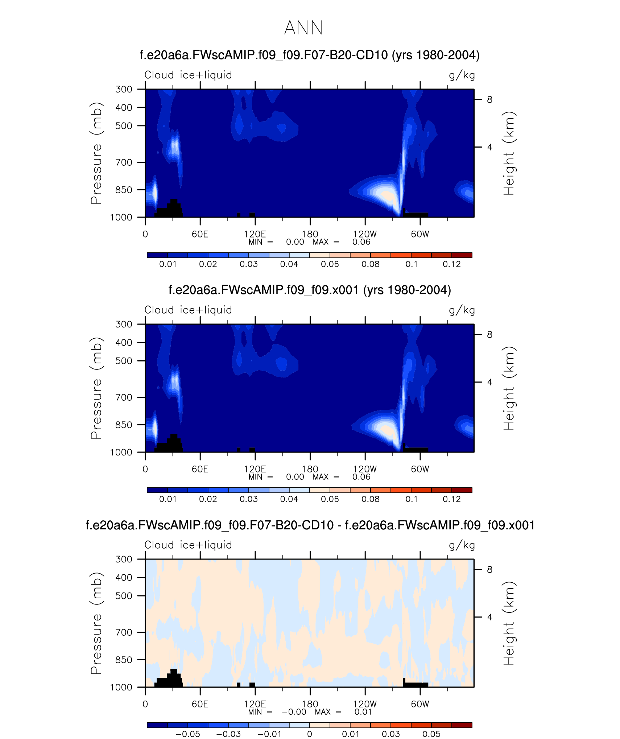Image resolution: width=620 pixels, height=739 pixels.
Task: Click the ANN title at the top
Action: [x=303, y=28]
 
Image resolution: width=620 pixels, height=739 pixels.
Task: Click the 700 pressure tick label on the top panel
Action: [x=124, y=162]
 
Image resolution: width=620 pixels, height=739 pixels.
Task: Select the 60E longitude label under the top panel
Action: [x=200, y=234]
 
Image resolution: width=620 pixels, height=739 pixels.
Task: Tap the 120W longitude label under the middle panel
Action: [x=365, y=469]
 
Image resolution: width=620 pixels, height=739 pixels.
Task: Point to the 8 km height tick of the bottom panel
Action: [x=489, y=570]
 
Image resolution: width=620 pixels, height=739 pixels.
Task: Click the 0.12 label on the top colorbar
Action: [x=451, y=264]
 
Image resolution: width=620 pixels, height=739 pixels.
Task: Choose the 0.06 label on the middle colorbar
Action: [x=330, y=499]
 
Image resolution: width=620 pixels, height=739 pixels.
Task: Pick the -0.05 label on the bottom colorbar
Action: [x=187, y=734]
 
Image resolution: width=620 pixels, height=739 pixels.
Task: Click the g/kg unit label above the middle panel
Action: [x=462, y=310]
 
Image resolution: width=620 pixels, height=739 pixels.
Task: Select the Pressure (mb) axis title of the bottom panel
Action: [x=96, y=623]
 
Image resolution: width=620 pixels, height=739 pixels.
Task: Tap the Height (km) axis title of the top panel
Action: [x=509, y=153]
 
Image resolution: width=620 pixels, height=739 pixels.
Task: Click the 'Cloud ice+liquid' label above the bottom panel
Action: [x=188, y=545]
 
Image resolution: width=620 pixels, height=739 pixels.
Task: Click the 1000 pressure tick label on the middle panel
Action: [x=121, y=452]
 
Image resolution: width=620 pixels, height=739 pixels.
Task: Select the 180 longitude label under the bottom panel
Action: [x=310, y=704]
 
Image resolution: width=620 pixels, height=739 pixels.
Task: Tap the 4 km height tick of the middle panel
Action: [x=489, y=382]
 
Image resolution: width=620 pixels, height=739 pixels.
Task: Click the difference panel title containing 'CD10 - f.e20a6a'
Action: [x=310, y=525]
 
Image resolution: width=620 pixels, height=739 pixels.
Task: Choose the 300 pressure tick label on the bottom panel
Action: [x=124, y=559]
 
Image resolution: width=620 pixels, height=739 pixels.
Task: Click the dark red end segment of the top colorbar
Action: [x=462, y=255]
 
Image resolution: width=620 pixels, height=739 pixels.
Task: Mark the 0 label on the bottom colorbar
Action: [x=309, y=734]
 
